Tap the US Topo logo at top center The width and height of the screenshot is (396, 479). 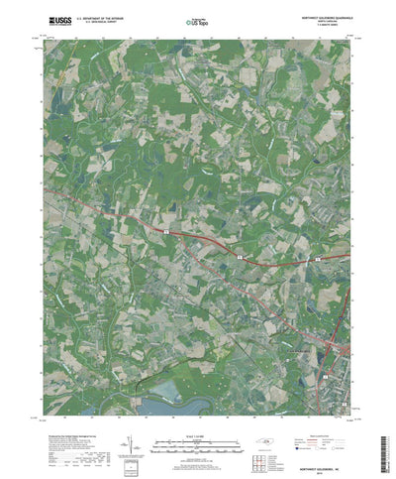point(195,18)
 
